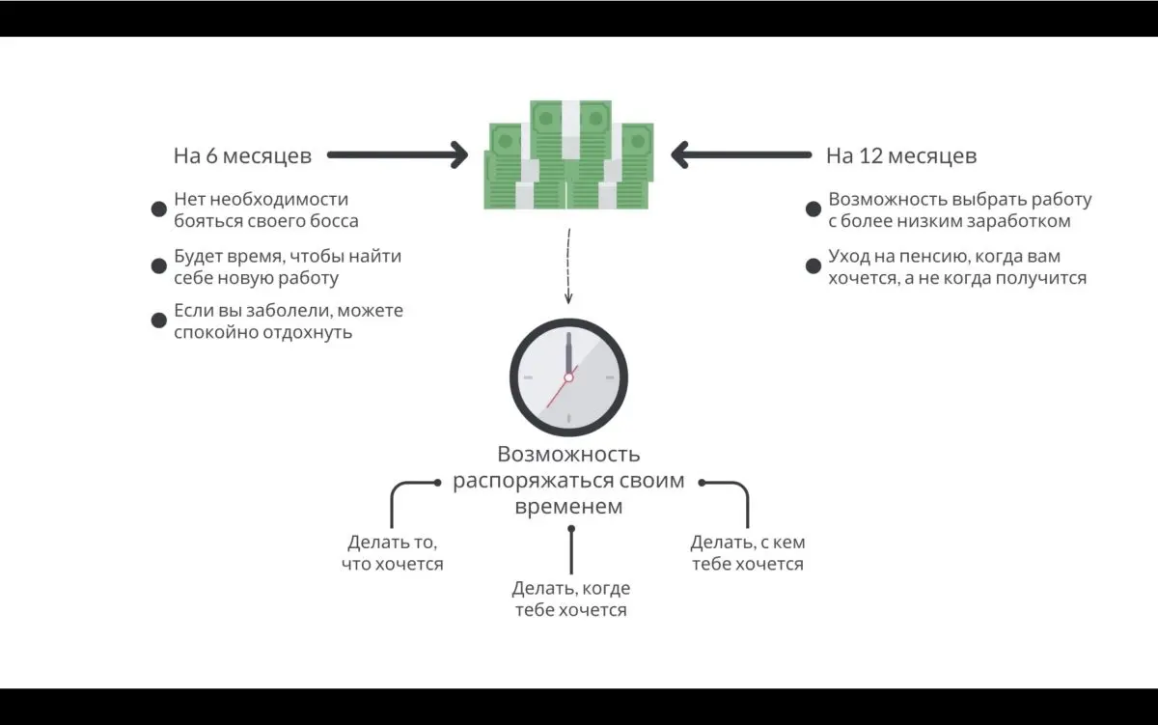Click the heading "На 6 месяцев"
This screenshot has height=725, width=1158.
tap(242, 155)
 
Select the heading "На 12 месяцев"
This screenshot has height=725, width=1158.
tap(900, 155)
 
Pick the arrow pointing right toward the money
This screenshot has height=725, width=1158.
tap(397, 154)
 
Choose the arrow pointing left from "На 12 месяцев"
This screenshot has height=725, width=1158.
tap(740, 154)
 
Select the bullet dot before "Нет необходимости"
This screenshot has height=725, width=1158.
tap(159, 209)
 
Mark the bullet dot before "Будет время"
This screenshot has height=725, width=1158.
tap(159, 265)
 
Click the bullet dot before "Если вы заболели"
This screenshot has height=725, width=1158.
tap(159, 321)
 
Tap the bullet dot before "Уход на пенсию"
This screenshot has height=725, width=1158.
tap(813, 265)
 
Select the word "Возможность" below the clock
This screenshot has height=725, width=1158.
tap(568, 455)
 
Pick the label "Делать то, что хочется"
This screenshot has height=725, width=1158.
tap(393, 553)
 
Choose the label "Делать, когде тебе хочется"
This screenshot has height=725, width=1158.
tap(570, 599)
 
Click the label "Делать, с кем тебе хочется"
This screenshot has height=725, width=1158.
tap(747, 553)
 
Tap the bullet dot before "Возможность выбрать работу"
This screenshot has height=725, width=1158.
tap(813, 209)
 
